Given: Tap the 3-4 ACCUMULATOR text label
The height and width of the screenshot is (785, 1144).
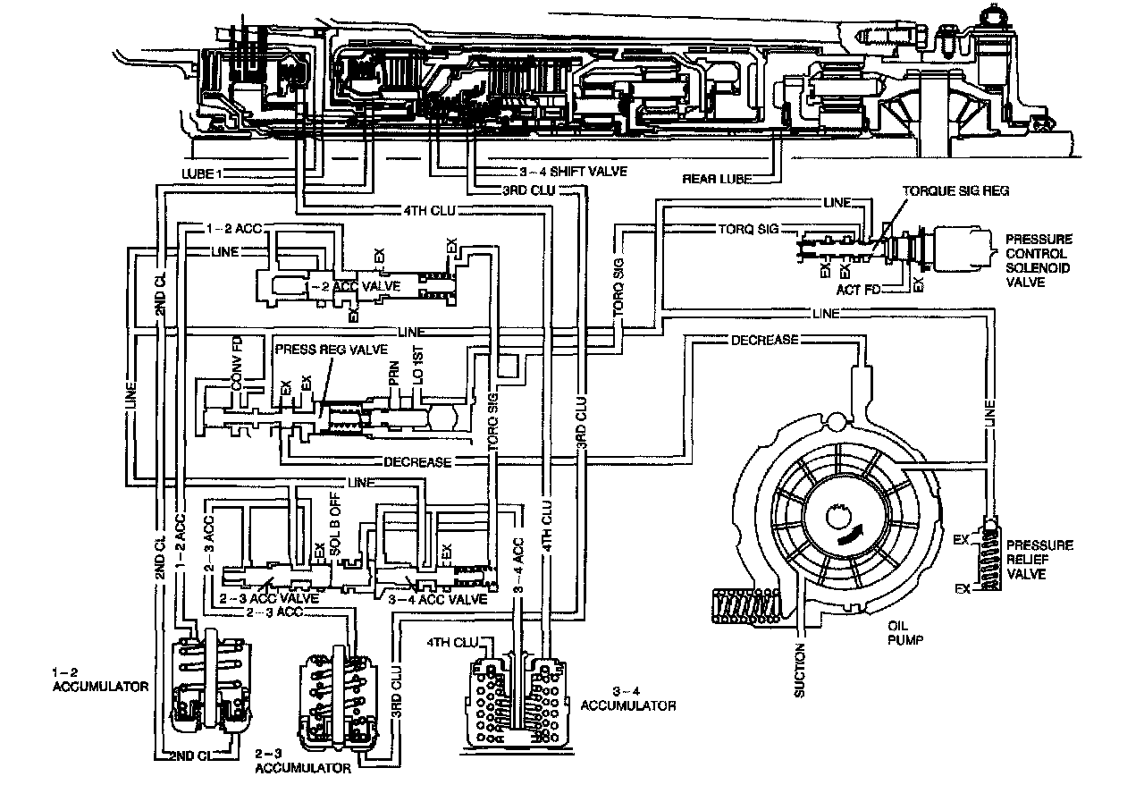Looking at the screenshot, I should click(627, 698).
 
